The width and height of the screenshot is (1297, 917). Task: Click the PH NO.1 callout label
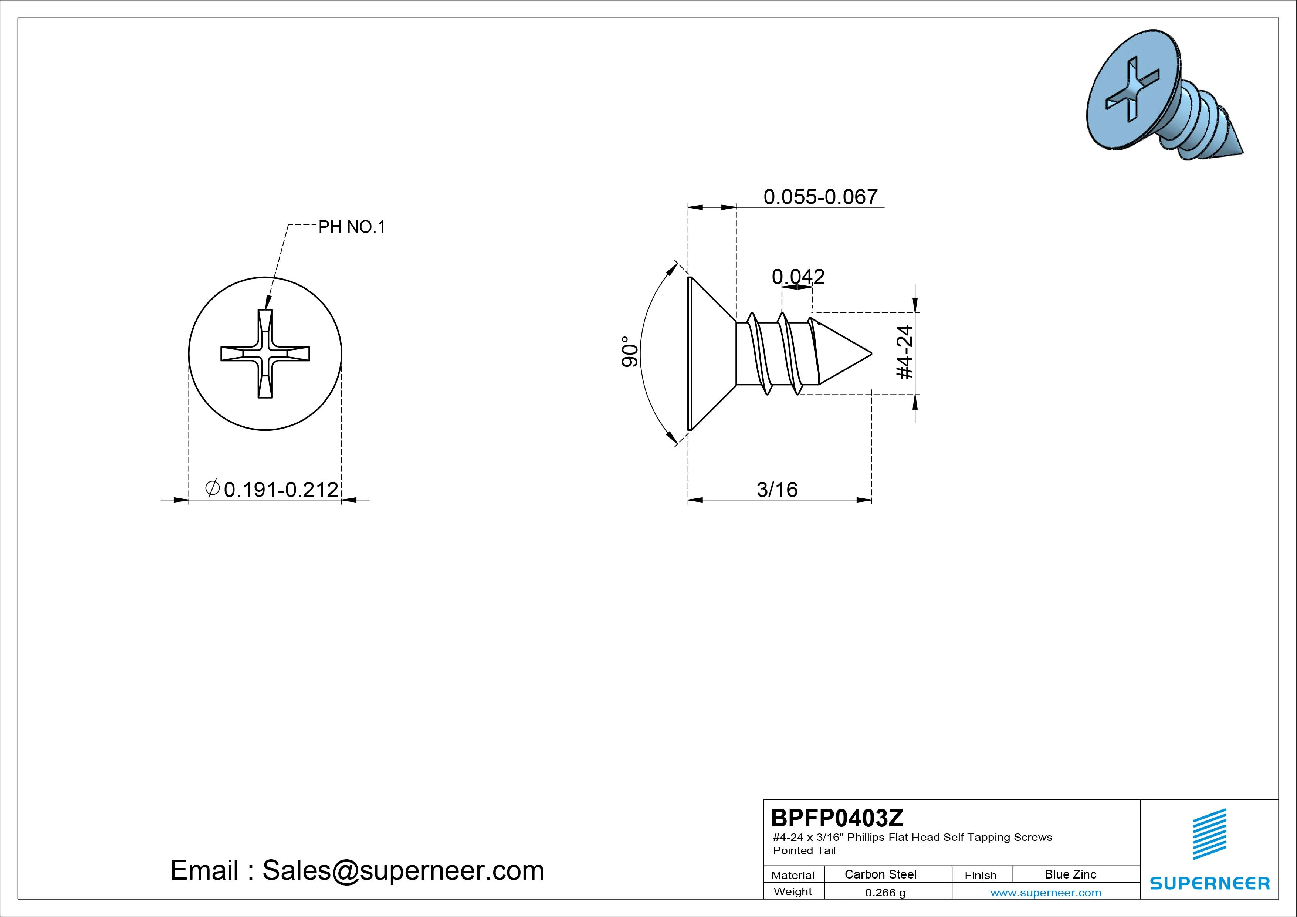pos(351,227)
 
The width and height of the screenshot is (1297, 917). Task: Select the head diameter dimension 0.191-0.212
pos(281,489)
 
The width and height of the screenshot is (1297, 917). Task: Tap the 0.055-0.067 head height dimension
pos(821,197)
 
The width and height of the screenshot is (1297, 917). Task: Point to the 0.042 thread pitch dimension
pos(798,276)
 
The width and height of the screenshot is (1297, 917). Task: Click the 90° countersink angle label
pos(630,352)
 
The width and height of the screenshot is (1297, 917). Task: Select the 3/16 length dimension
pos(777,489)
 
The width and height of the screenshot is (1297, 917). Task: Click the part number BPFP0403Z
pos(837,818)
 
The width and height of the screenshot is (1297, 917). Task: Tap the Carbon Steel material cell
pos(880,874)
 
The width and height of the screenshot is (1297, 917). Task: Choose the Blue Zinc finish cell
pos(1070,874)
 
